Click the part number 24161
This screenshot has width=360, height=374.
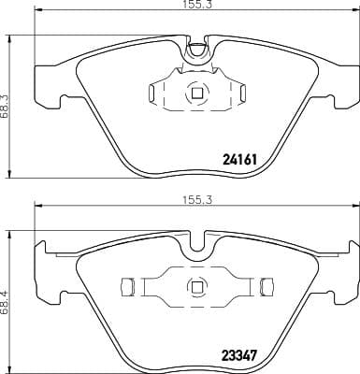point(240,160)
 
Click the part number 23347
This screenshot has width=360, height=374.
point(239,354)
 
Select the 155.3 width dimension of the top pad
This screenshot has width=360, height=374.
point(196,5)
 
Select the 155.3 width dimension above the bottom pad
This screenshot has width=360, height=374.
point(196,199)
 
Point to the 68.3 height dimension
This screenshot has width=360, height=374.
point(5,107)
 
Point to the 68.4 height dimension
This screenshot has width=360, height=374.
point(5,302)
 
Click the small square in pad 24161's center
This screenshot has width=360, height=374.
point(196,93)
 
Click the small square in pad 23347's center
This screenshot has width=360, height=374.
point(196,287)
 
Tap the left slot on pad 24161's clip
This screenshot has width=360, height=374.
point(151,93)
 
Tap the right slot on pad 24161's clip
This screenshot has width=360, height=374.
point(243,93)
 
